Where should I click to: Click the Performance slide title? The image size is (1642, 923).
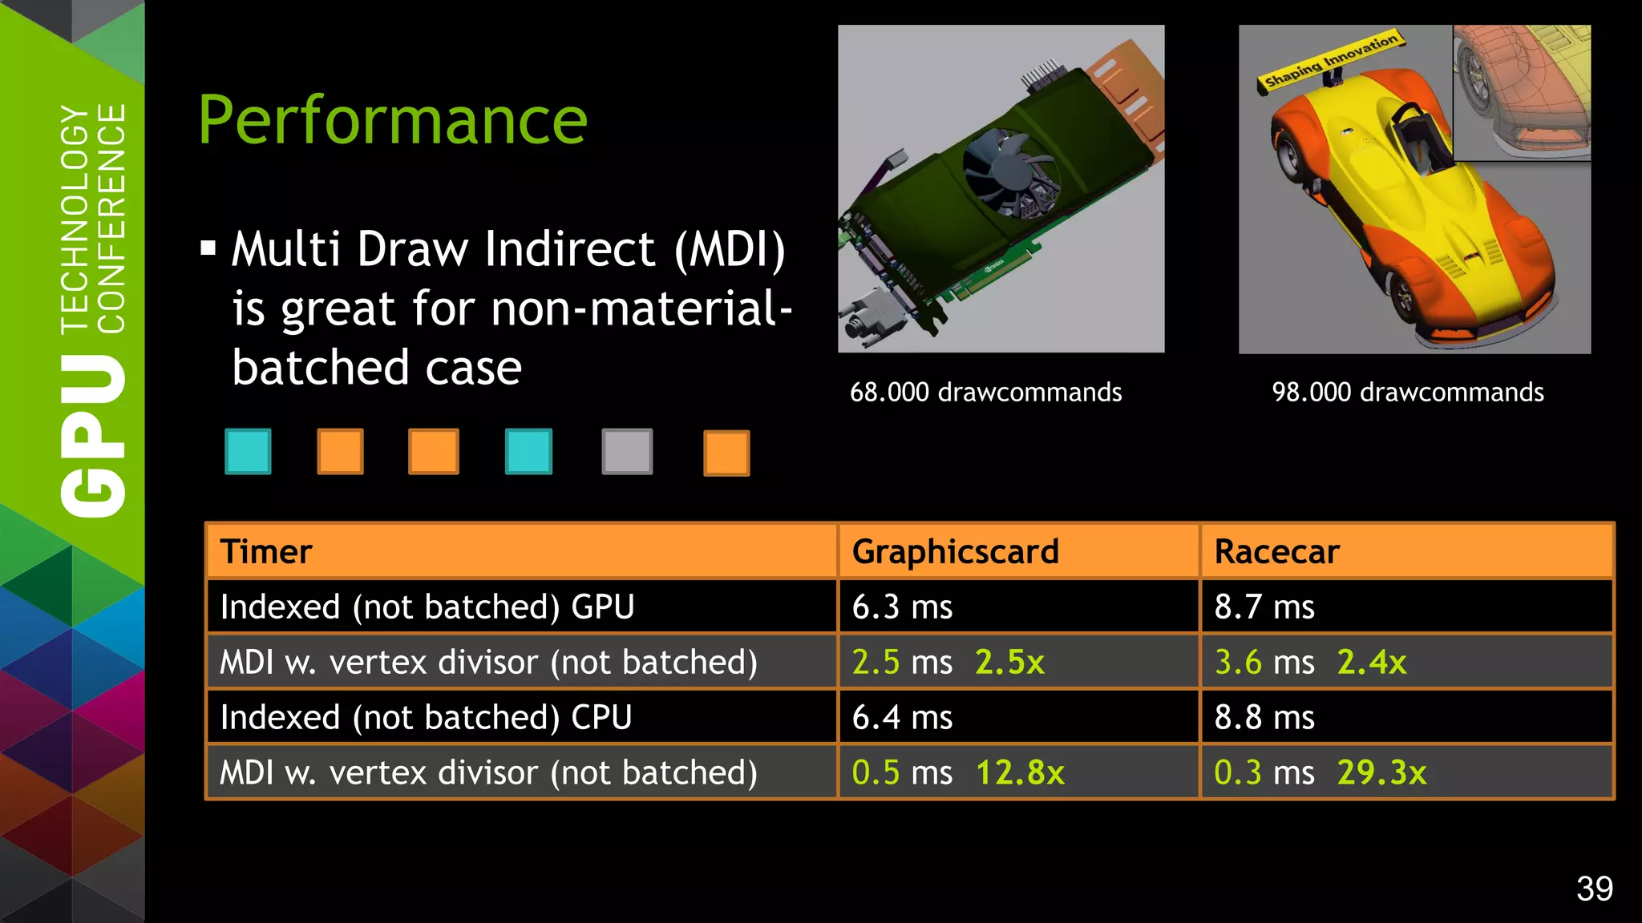[393, 120]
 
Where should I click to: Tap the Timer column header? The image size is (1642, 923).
[266, 551]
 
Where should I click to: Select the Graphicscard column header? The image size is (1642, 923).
[955, 551]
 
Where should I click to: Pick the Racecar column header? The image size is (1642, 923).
[1276, 551]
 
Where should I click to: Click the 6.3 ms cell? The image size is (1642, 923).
[902, 607]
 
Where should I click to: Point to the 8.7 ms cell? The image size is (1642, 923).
[1264, 607]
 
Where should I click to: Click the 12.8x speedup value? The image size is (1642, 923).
[1020, 772]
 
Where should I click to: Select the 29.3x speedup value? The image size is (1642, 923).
[1381, 772]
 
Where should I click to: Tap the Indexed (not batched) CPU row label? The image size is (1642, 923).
[426, 717]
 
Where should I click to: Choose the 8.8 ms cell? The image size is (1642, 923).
[1264, 717]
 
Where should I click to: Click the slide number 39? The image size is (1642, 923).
[1594, 889]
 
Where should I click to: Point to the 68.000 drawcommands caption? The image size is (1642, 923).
[985, 392]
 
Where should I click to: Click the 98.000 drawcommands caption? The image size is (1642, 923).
[1408, 392]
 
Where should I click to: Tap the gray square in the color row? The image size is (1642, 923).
[627, 452]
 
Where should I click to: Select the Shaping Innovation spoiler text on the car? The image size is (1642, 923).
[1331, 59]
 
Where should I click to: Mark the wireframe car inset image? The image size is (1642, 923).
[1522, 92]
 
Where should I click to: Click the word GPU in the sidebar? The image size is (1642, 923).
[94, 437]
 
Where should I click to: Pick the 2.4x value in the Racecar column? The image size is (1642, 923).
[1372, 662]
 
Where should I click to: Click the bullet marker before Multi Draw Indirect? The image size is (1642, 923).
[208, 248]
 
